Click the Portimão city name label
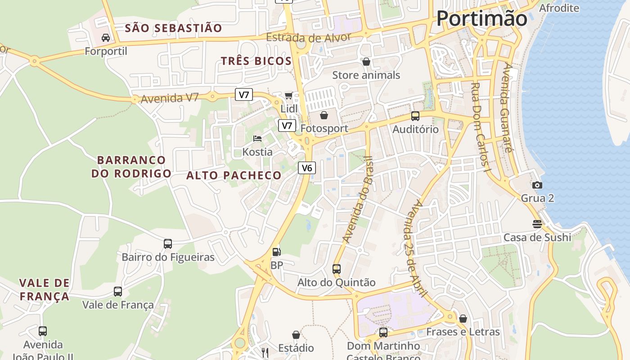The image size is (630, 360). [481, 19]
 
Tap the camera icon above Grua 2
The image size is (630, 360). [537, 185]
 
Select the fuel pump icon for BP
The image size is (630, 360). [277, 252]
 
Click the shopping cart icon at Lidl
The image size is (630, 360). [288, 95]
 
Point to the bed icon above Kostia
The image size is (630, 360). [257, 139]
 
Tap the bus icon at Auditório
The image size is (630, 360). [415, 116]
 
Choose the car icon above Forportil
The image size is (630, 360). [106, 38]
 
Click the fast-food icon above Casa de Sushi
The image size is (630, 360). [537, 224]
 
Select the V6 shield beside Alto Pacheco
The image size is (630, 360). [307, 168]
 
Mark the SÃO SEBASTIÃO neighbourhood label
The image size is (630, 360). [173, 28]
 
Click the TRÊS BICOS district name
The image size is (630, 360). [256, 61]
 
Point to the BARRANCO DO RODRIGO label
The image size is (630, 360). [131, 166]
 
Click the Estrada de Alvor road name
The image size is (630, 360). [308, 37]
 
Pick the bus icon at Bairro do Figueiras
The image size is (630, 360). [168, 244]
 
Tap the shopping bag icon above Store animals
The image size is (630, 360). [366, 62]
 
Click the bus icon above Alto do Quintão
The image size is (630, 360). [336, 269]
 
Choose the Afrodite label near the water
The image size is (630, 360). [559, 8]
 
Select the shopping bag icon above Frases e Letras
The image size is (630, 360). [463, 319]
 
